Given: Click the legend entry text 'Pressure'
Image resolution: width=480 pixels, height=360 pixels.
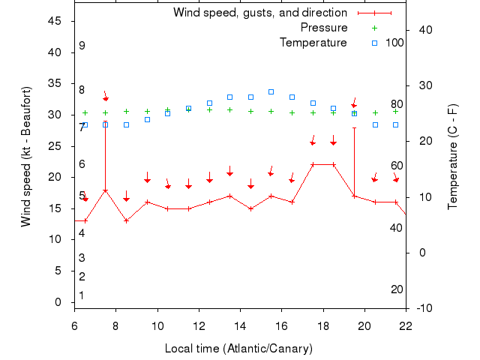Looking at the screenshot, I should [324, 28].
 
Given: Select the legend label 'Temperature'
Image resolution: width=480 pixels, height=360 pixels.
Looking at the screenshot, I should [313, 43].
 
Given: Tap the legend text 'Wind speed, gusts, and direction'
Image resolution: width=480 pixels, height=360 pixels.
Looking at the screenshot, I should [260, 13].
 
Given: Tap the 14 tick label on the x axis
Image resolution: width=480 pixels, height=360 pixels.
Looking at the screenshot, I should [240, 326].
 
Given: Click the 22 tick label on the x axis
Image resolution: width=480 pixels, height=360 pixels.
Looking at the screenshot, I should [406, 326].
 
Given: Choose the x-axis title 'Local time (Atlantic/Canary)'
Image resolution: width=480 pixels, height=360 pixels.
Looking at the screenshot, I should [238, 349].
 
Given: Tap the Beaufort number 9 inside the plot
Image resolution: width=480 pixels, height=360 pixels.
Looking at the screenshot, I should [82, 46].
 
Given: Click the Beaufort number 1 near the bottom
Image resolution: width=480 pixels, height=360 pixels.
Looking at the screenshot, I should [82, 295].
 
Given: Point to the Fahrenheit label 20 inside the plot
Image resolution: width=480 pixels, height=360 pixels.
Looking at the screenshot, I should [397, 289].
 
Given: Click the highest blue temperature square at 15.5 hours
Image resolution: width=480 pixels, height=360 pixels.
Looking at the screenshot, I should [271, 91].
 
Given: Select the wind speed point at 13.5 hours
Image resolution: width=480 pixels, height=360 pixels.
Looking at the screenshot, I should [229, 196].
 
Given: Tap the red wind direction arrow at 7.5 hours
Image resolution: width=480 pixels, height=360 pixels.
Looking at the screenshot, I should [106, 97].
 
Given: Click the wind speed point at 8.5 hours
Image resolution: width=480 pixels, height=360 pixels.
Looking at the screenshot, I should [126, 220].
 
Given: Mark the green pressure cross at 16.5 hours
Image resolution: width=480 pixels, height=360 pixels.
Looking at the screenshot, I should [292, 112].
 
